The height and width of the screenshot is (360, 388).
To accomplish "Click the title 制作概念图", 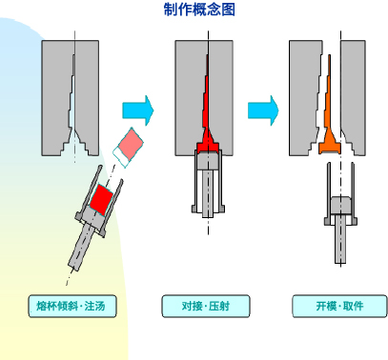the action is [x=199, y=10].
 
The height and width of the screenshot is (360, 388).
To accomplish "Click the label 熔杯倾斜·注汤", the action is [x=72, y=306].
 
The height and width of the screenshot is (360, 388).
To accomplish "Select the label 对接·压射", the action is [x=206, y=306].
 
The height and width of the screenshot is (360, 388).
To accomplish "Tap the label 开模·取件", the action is [x=339, y=306].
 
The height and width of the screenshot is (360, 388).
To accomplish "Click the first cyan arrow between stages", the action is [x=138, y=110].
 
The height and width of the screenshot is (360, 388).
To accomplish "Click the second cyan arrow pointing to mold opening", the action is [x=263, y=110].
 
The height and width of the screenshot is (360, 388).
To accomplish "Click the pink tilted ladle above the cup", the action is [x=128, y=148].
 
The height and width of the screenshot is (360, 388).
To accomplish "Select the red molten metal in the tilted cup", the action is [x=101, y=200].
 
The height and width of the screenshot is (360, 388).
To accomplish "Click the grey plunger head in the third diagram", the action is [x=340, y=205].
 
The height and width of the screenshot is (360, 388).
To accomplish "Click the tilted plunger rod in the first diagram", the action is [x=81, y=246].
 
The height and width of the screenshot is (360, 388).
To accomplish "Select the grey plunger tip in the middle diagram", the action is [x=208, y=162].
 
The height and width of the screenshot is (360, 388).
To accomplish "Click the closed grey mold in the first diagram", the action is [x=71, y=98].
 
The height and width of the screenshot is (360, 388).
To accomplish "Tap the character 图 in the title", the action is [x=229, y=10].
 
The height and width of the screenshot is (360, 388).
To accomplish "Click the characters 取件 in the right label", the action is [x=354, y=306].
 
